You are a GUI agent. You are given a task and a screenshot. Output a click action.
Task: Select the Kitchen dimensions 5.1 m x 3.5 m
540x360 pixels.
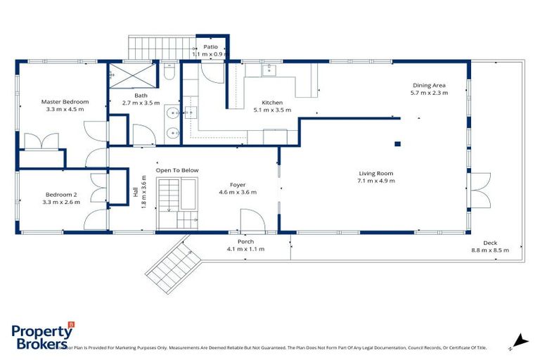click(x=272, y=110)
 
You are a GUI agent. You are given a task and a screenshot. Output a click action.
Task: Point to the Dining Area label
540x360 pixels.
click(x=429, y=86)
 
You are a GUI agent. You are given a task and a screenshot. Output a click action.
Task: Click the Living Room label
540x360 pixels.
click(x=375, y=173)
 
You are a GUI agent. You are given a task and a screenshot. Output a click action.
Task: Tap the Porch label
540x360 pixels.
click(x=245, y=241)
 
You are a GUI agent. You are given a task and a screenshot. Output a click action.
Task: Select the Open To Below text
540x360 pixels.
click(x=177, y=170)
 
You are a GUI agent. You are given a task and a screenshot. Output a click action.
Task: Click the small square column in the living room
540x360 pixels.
click(x=397, y=144)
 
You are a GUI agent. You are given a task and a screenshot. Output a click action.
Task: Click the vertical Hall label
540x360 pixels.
click(x=134, y=191)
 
